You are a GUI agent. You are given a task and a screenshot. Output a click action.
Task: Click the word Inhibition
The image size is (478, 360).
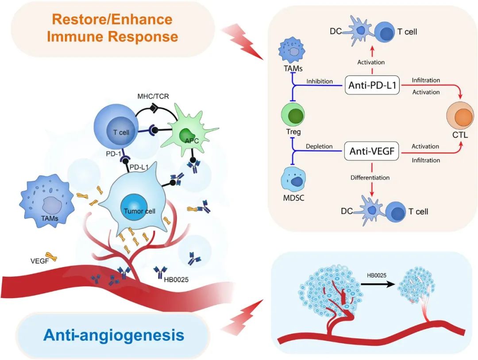tap(320, 81)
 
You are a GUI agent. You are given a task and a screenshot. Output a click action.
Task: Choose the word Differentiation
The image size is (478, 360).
tap(370, 177)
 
